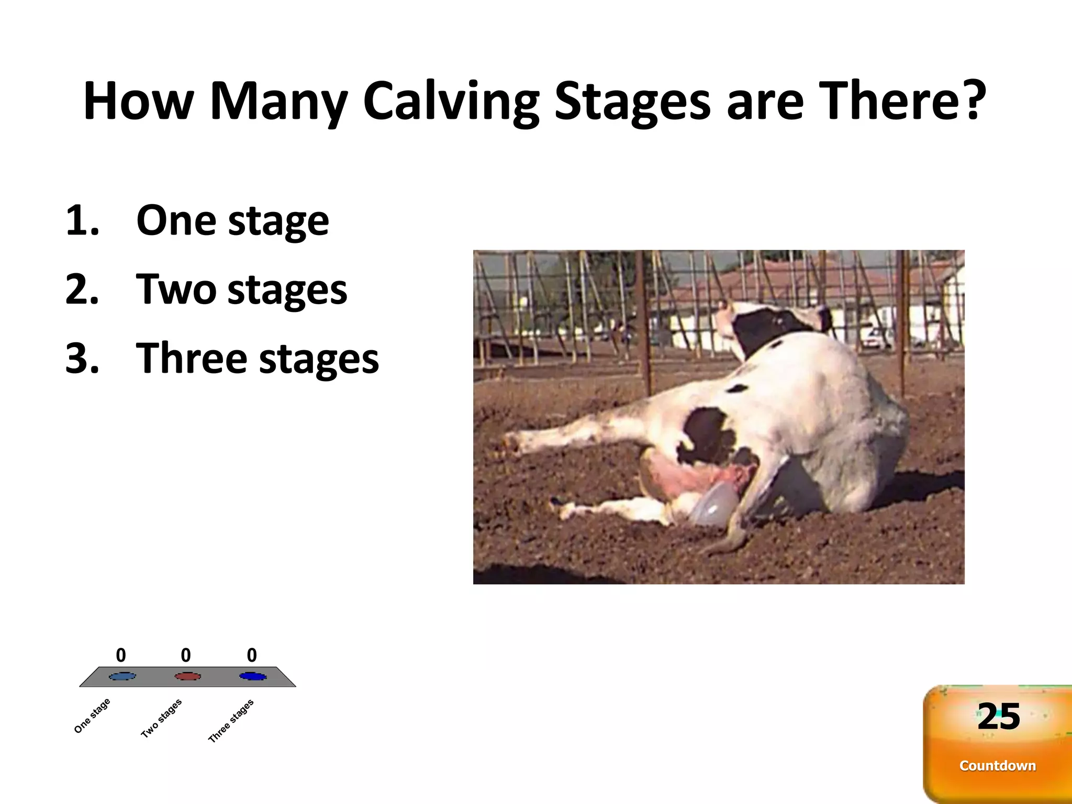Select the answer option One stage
pos(232,220)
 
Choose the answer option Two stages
pos(241,289)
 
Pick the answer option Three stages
pos(257,359)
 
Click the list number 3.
pos(82,359)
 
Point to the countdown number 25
pos(999,717)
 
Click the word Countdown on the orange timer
pos(998,766)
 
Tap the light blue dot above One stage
pos(122,676)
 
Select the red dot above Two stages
pos(187,676)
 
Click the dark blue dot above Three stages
pos(253,676)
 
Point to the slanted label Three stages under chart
pos(231,721)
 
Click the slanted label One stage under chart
pos(92,716)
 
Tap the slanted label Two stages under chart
pos(161,718)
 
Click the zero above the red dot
pos(186,655)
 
